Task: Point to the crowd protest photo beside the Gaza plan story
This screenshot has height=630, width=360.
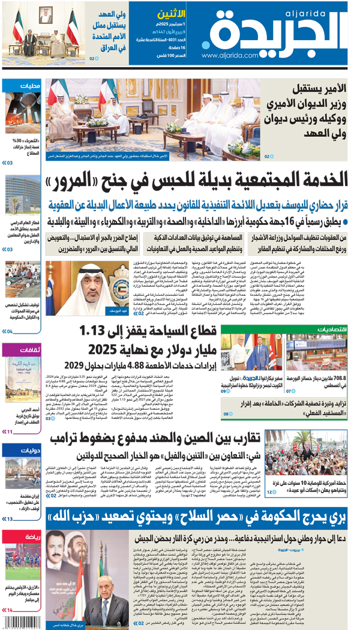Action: [x=306, y=459]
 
